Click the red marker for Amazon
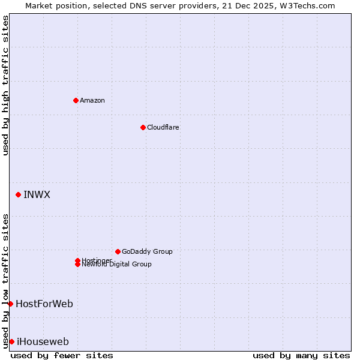(x=76, y=100)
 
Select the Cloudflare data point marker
(x=143, y=127)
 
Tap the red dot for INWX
(x=19, y=194)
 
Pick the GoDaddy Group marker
(x=118, y=251)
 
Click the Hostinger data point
(x=77, y=260)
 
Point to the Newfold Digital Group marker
(x=77, y=265)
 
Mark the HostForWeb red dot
(x=10, y=304)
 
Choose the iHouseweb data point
(x=11, y=341)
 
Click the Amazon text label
(x=92, y=100)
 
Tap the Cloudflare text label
(x=163, y=127)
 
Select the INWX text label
(x=37, y=194)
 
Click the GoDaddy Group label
(x=146, y=251)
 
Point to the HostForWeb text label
(x=44, y=304)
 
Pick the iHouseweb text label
(x=43, y=341)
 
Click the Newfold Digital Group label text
(x=116, y=265)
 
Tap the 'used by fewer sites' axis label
(x=62, y=355)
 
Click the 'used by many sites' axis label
(x=301, y=355)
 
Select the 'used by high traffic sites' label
(x=5, y=85)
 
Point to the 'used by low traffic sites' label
(x=5, y=280)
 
